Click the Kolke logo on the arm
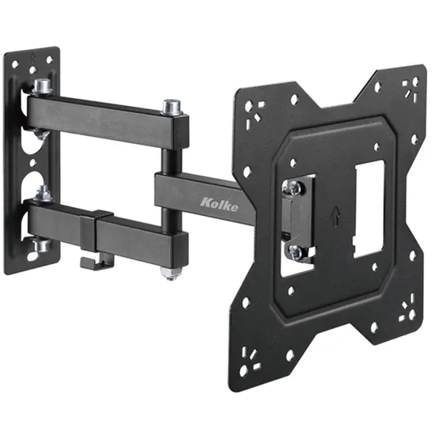coord(219,205)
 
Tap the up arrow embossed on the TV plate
coord(335,217)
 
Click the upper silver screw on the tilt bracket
coord(293,187)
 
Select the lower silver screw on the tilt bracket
coord(297,252)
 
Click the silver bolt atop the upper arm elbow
coord(172,107)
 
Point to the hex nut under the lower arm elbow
coord(170,273)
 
